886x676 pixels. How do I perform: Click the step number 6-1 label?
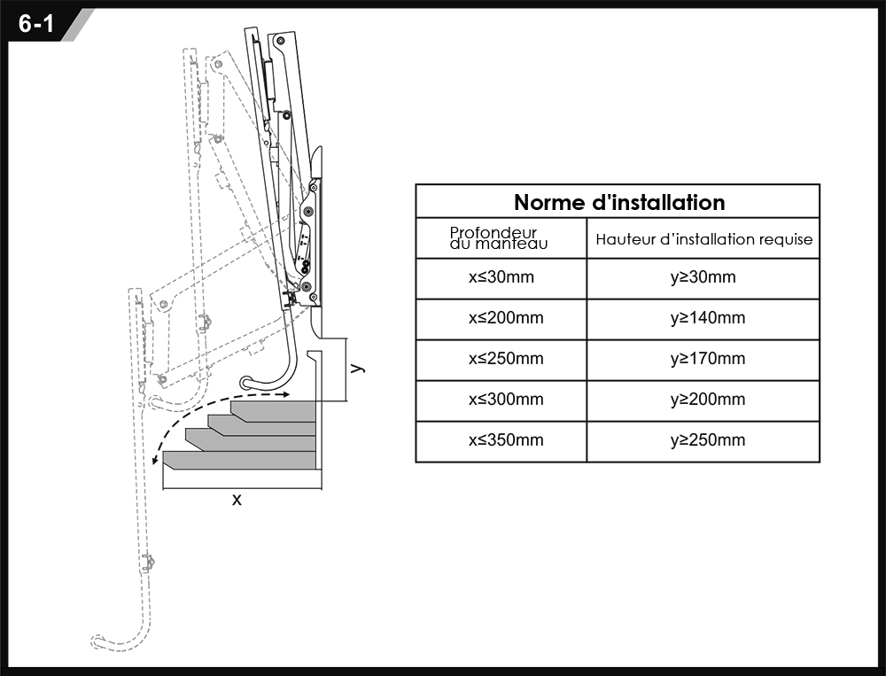(35, 24)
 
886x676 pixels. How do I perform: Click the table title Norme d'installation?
(619, 202)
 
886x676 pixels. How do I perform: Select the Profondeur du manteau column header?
(499, 238)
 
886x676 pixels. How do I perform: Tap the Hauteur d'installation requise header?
(704, 239)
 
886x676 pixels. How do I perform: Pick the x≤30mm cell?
(501, 277)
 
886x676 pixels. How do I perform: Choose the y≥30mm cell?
(703, 277)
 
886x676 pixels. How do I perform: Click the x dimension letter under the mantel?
(237, 500)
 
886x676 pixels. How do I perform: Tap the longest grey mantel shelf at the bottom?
(239, 460)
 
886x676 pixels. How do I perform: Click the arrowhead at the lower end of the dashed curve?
(155, 460)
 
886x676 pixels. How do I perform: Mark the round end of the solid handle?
(246, 383)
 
